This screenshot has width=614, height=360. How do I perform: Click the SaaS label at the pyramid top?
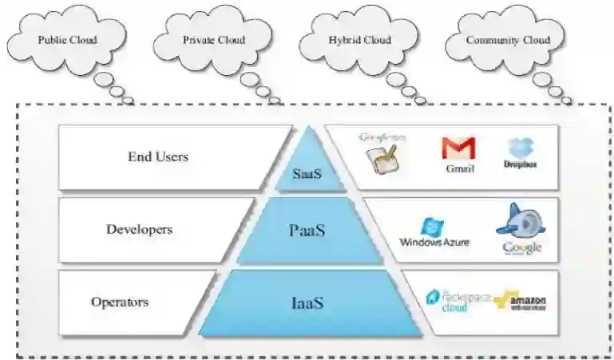click(307, 172)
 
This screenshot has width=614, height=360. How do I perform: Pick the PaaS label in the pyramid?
click(307, 231)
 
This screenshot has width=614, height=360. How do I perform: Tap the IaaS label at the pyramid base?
click(307, 303)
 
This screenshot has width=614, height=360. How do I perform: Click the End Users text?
click(158, 156)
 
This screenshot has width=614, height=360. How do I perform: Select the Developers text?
click(139, 229)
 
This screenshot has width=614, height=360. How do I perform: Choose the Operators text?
click(120, 302)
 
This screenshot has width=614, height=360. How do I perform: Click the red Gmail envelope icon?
click(458, 148)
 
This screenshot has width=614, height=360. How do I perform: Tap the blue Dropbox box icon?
click(520, 147)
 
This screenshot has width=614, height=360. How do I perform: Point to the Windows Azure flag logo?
click(432, 226)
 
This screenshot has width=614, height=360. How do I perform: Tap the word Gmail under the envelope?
click(461, 169)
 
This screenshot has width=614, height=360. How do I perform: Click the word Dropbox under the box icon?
click(520, 164)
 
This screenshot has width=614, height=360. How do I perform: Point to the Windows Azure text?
click(434, 242)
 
